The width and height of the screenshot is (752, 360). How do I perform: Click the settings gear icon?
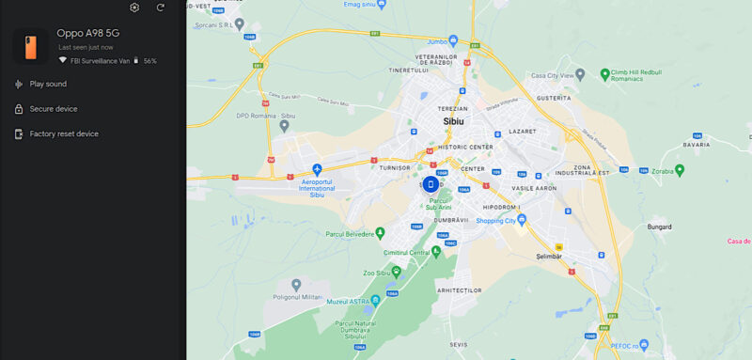click(x=134, y=8)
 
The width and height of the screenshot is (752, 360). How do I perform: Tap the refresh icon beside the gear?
click(x=161, y=8)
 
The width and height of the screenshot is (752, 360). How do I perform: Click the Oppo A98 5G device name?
click(x=88, y=33)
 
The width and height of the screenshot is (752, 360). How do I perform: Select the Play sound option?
click(x=48, y=84)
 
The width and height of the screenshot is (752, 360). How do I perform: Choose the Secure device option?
click(x=53, y=109)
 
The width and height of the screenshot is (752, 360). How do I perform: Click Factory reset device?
click(x=63, y=133)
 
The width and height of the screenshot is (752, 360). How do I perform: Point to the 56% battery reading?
click(x=149, y=60)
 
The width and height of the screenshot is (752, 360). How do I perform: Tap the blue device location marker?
click(x=431, y=184)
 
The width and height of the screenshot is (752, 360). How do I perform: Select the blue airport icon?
click(x=318, y=168)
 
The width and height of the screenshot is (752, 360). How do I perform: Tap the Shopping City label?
click(x=496, y=221)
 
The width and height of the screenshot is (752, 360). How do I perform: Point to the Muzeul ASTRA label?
click(x=350, y=301)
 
